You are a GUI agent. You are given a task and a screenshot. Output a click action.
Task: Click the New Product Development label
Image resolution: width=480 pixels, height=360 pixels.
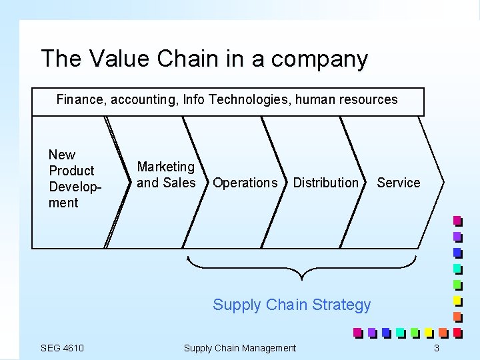[71, 179]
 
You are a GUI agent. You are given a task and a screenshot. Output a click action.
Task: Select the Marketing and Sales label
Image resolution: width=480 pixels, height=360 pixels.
[166, 175]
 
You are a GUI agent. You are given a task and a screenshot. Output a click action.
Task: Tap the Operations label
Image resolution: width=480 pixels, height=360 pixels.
[245, 183]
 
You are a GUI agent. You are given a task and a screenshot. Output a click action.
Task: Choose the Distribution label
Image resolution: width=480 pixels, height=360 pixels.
[325, 183]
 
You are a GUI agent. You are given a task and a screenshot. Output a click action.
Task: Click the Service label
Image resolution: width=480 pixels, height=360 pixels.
[399, 183]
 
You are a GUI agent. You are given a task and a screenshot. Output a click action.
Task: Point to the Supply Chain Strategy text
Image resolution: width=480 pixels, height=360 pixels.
[291, 305]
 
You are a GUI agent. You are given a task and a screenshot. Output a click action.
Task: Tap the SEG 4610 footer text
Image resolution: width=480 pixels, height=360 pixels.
[62, 348]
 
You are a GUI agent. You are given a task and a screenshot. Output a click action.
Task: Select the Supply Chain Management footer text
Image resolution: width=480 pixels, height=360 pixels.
[239, 348]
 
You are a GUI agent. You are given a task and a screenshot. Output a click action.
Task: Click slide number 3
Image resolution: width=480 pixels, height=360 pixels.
[436, 348]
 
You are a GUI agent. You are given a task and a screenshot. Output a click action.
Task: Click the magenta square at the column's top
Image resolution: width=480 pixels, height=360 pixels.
[457, 220]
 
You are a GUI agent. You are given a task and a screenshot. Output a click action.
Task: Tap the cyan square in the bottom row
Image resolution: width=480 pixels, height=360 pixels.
[400, 332]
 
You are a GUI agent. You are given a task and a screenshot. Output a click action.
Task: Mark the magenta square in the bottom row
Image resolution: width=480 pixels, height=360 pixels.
[357, 332]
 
